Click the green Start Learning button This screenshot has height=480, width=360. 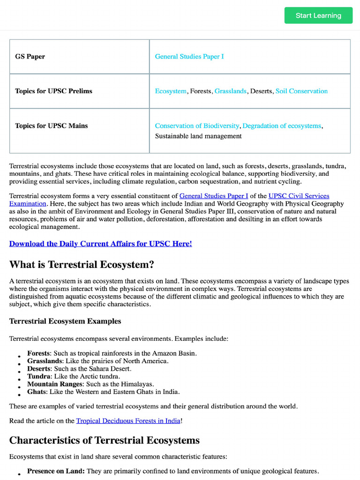pos(318,15)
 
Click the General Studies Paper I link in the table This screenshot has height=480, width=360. pos(189,57)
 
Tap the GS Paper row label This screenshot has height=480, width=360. pos(30,57)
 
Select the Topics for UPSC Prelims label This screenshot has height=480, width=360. pos(53,91)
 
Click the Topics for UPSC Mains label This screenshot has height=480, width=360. pos(51,126)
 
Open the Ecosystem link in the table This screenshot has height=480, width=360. pos(171,91)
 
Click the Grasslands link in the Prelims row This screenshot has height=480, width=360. pos(230,91)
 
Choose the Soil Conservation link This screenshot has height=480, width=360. pos(301,91)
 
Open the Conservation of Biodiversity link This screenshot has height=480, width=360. pos(197,126)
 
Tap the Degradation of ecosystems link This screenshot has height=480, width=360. pos(282,126)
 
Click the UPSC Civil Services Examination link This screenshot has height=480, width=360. pos(299,196)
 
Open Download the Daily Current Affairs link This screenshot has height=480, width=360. pos(100,244)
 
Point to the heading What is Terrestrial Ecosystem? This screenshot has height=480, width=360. pos(82,265)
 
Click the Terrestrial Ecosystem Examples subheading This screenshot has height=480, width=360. pos(65,321)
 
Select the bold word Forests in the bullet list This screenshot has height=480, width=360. pos(38,353)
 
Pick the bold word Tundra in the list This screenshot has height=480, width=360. pos(39,376)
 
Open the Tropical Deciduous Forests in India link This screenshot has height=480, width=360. pos(128,421)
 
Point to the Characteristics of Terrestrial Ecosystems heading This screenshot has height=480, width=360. pos(104,441)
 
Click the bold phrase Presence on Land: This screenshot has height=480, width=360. pos(56,471)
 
